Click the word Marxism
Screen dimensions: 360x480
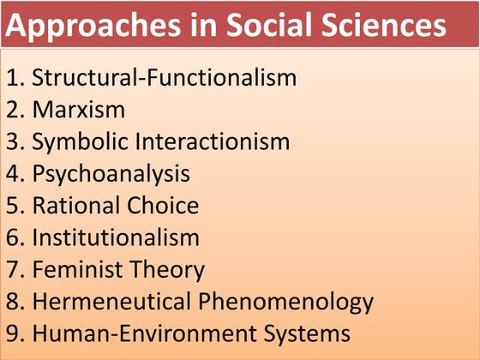[79, 110]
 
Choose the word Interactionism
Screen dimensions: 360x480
[217, 141]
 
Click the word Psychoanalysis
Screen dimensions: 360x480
[111, 174]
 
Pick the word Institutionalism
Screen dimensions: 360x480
[116, 237]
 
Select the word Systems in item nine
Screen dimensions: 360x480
[303, 333]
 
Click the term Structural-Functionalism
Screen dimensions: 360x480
[165, 78]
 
